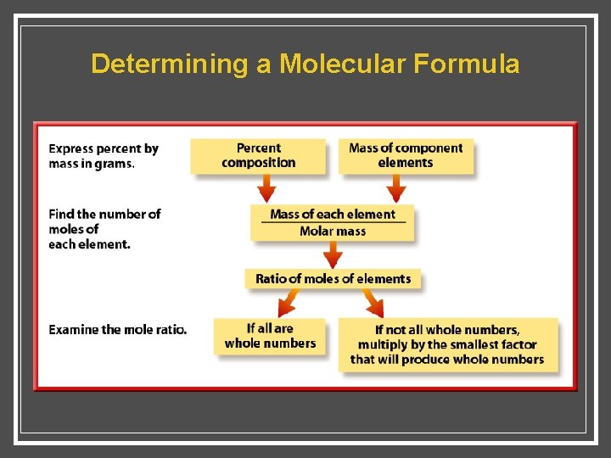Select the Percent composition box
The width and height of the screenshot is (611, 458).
click(259, 155)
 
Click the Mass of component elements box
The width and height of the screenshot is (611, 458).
click(406, 155)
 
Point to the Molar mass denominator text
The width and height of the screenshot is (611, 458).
click(333, 231)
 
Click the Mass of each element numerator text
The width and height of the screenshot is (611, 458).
click(333, 215)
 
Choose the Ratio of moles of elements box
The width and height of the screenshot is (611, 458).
click(333, 278)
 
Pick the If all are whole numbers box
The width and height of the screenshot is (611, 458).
click(270, 336)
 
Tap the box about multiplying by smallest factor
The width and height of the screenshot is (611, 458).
click(447, 344)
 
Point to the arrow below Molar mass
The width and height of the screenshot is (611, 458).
click(333, 254)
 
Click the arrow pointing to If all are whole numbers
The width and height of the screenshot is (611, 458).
click(289, 301)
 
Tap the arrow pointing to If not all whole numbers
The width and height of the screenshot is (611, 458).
click(373, 301)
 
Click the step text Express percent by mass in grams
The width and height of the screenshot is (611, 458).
click(104, 156)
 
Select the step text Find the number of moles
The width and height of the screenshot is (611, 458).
click(104, 229)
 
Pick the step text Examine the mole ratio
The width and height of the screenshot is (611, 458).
click(117, 329)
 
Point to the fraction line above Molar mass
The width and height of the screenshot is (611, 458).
click(333, 223)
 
